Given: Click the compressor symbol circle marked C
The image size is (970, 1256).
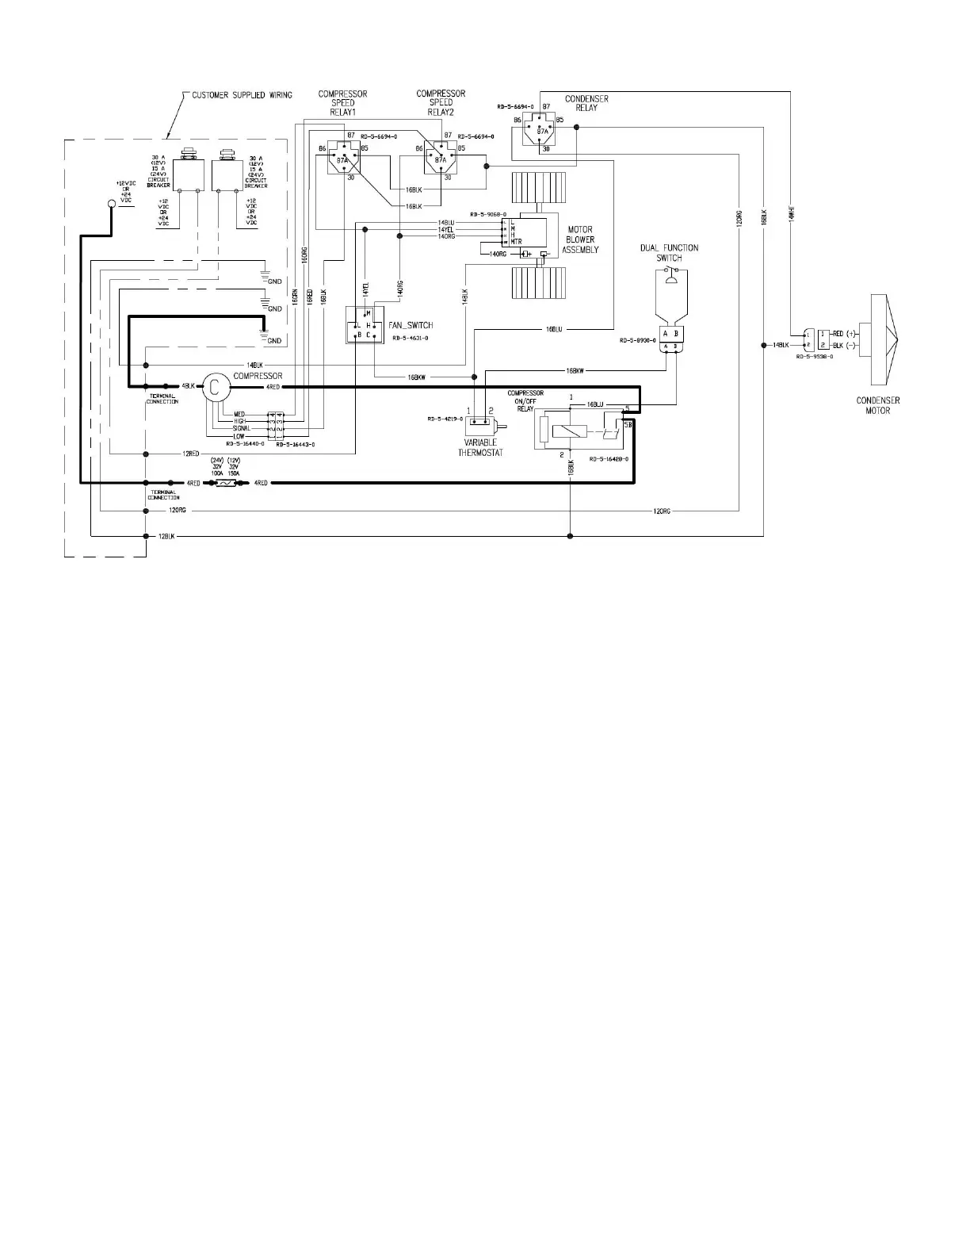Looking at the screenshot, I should tap(213, 386).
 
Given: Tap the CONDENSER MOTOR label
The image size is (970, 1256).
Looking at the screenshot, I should tap(877, 405).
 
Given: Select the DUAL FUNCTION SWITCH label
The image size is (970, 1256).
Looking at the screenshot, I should tap(669, 253).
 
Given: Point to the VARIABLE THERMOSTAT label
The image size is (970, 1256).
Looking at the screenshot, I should tap(480, 447).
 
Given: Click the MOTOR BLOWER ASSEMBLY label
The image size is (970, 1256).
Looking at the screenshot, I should tap(580, 240).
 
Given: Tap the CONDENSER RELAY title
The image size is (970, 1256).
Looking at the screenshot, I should tap(586, 103).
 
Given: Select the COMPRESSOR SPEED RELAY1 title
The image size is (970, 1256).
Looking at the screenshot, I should tap(342, 102).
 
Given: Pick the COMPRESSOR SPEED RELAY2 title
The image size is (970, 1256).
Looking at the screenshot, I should tap(441, 102).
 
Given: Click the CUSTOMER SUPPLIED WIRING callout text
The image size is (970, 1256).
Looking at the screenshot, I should tap(242, 95).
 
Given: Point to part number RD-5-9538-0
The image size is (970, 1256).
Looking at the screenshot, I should tap(819, 357).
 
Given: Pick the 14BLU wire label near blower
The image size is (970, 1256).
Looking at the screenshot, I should tap(445, 222).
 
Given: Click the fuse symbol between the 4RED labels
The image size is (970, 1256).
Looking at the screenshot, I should tap(226, 483).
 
